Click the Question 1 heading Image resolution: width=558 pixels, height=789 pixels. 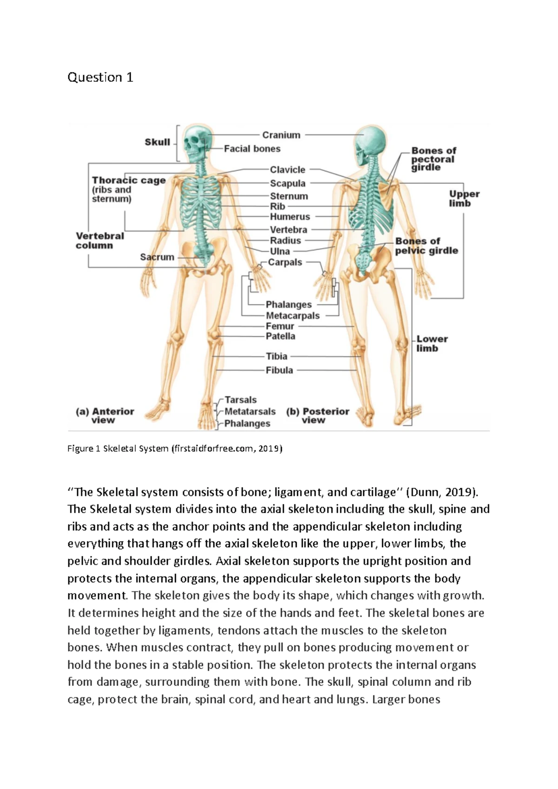pyautogui.click(x=100, y=77)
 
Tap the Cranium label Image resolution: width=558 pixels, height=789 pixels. pyautogui.click(x=281, y=135)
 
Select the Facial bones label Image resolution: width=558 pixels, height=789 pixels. pyautogui.click(x=252, y=149)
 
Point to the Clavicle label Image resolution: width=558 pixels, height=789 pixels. pyautogui.click(x=287, y=170)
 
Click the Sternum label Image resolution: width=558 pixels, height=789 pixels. pyautogui.click(x=289, y=196)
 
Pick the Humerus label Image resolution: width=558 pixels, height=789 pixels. pyautogui.click(x=290, y=217)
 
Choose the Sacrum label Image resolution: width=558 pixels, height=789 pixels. pyautogui.click(x=157, y=257)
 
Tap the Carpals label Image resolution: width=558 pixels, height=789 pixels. pyautogui.click(x=285, y=262)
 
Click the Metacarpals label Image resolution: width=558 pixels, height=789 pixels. pyautogui.click(x=292, y=316)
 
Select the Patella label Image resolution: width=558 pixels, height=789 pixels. pyautogui.click(x=280, y=336)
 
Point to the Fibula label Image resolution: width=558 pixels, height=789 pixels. pyautogui.click(x=279, y=370)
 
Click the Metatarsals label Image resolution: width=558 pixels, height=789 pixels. pyautogui.click(x=250, y=412)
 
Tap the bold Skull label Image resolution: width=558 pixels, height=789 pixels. pyautogui.click(x=157, y=142)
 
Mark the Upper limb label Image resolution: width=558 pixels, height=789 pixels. pyautogui.click(x=464, y=199)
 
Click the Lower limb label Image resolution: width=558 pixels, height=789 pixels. pyautogui.click(x=432, y=344)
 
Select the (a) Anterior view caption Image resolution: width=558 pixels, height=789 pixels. pyautogui.click(x=105, y=415)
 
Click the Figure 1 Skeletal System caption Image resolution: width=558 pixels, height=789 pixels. pyautogui.click(x=174, y=448)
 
